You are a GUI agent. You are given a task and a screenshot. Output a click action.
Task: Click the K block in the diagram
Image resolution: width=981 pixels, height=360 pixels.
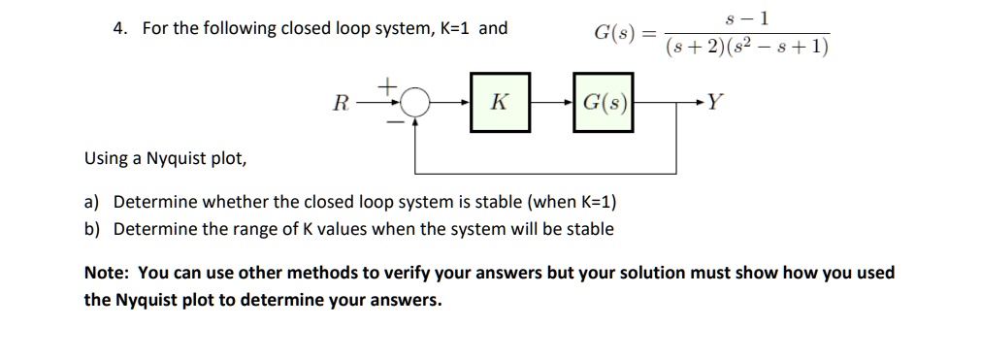pos(500,101)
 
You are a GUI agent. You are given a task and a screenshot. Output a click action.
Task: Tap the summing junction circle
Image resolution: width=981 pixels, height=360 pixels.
pos(416,102)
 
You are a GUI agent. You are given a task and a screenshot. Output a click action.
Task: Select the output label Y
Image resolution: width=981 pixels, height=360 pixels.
pos(714,101)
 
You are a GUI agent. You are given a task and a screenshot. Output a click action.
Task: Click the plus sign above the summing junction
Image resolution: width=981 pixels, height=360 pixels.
pos(385,87)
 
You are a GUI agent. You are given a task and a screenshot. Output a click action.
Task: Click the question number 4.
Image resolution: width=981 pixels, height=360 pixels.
pos(117,27)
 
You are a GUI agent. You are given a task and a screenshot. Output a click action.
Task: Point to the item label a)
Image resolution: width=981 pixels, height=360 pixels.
pos(92,202)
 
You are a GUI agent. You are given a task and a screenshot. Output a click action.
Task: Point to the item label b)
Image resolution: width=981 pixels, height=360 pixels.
pos(92,229)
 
